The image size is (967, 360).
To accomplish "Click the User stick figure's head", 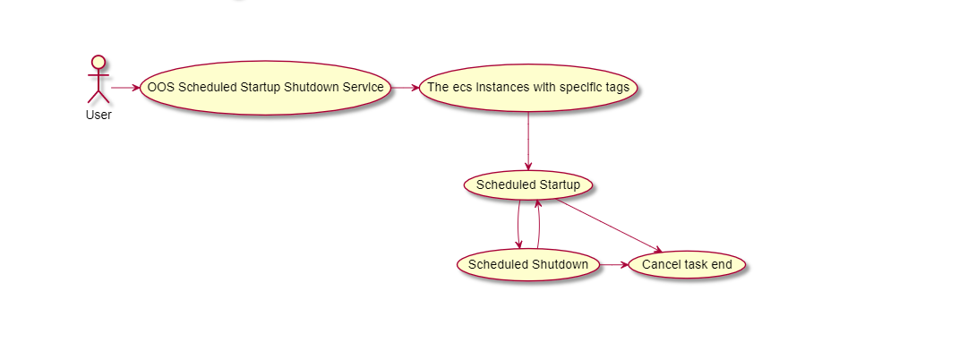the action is coord(98,63).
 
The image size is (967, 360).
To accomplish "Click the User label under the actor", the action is coord(98,115).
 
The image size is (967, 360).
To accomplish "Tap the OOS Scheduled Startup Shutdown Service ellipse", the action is coord(265,88).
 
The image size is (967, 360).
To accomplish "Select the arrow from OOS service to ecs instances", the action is coord(405,88).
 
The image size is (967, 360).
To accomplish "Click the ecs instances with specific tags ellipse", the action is coord(528,88).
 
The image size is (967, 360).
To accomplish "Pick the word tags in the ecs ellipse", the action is coord(617,88).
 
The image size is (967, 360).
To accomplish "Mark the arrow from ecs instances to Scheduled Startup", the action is coord(528,141).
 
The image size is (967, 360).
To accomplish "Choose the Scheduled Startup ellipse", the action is coord(528,185).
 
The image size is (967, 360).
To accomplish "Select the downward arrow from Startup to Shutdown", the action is coord(518,225).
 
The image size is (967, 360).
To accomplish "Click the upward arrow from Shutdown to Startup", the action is coord(538,225).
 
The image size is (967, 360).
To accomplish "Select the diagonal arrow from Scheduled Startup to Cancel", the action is coord(609,225).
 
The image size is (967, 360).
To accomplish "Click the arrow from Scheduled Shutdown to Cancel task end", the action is coord(614,265).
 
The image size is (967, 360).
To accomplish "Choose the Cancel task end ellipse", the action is coord(687,265).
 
